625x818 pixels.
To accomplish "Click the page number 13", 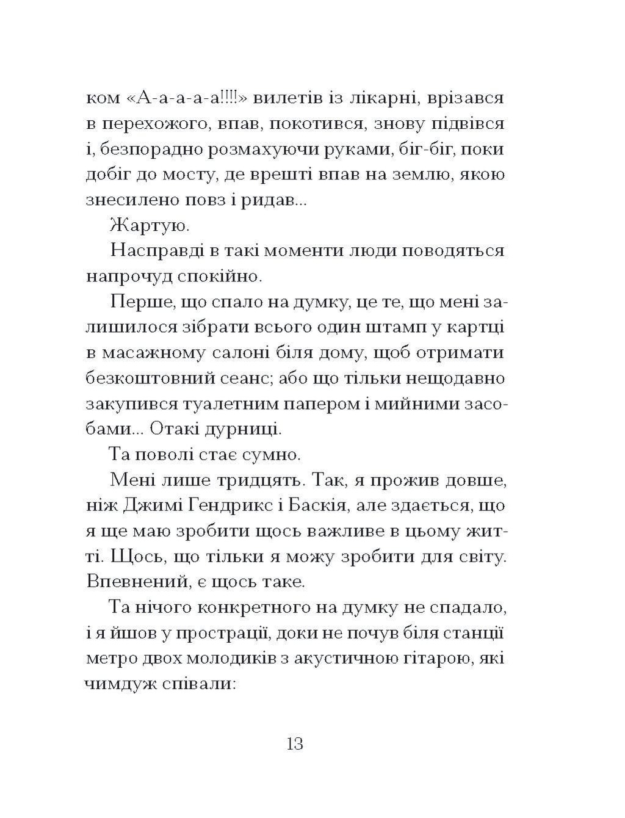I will tap(294, 745).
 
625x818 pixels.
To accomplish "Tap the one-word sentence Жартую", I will tap(150, 226).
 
